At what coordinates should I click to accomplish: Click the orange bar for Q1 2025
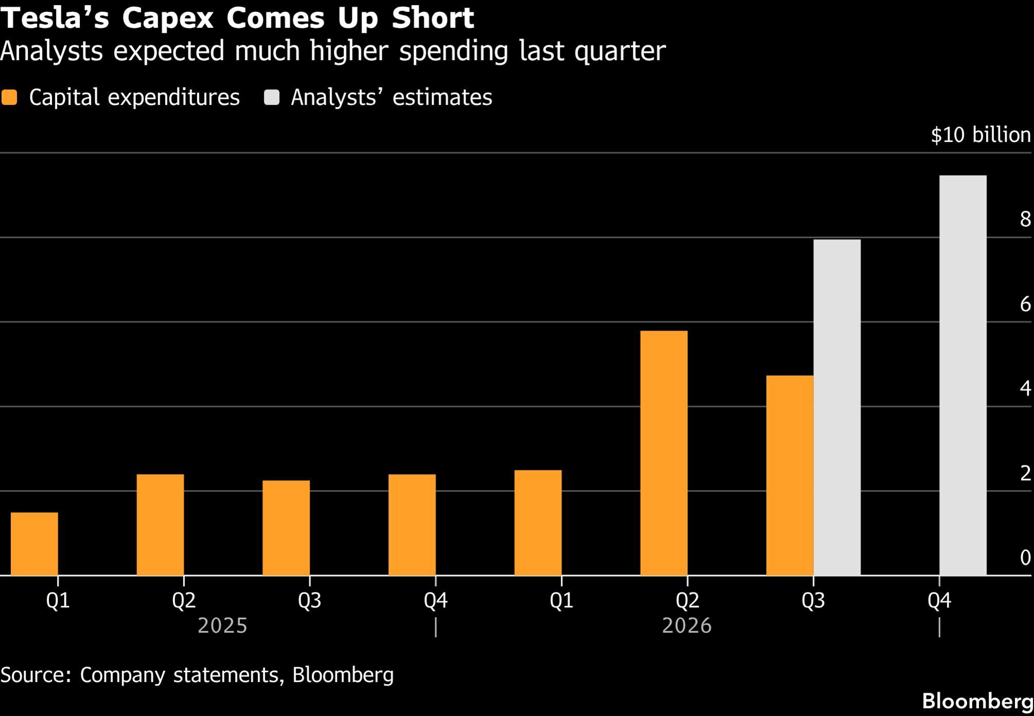click(x=34, y=544)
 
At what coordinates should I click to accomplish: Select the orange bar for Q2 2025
click(x=160, y=525)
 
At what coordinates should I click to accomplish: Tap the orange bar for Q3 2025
click(x=286, y=528)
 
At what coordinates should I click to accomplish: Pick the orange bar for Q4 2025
click(x=412, y=525)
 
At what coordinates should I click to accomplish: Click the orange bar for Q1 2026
click(x=538, y=523)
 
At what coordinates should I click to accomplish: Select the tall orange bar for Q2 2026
click(x=664, y=453)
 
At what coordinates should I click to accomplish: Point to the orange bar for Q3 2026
click(x=790, y=475)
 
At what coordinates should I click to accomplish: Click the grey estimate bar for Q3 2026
click(x=837, y=407)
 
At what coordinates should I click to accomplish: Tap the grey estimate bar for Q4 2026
click(x=963, y=375)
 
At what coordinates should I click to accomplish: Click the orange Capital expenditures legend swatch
click(x=9, y=98)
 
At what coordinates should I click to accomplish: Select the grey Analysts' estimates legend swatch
click(x=272, y=98)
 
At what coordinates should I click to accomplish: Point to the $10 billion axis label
click(x=981, y=135)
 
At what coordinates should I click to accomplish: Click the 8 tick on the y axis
click(x=1025, y=219)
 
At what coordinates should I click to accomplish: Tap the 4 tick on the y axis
click(x=1025, y=388)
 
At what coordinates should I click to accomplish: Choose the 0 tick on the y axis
click(x=1025, y=558)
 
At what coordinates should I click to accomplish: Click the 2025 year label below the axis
click(x=223, y=626)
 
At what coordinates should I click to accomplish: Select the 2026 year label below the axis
click(x=687, y=626)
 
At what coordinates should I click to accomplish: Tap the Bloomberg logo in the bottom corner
click(x=977, y=701)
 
